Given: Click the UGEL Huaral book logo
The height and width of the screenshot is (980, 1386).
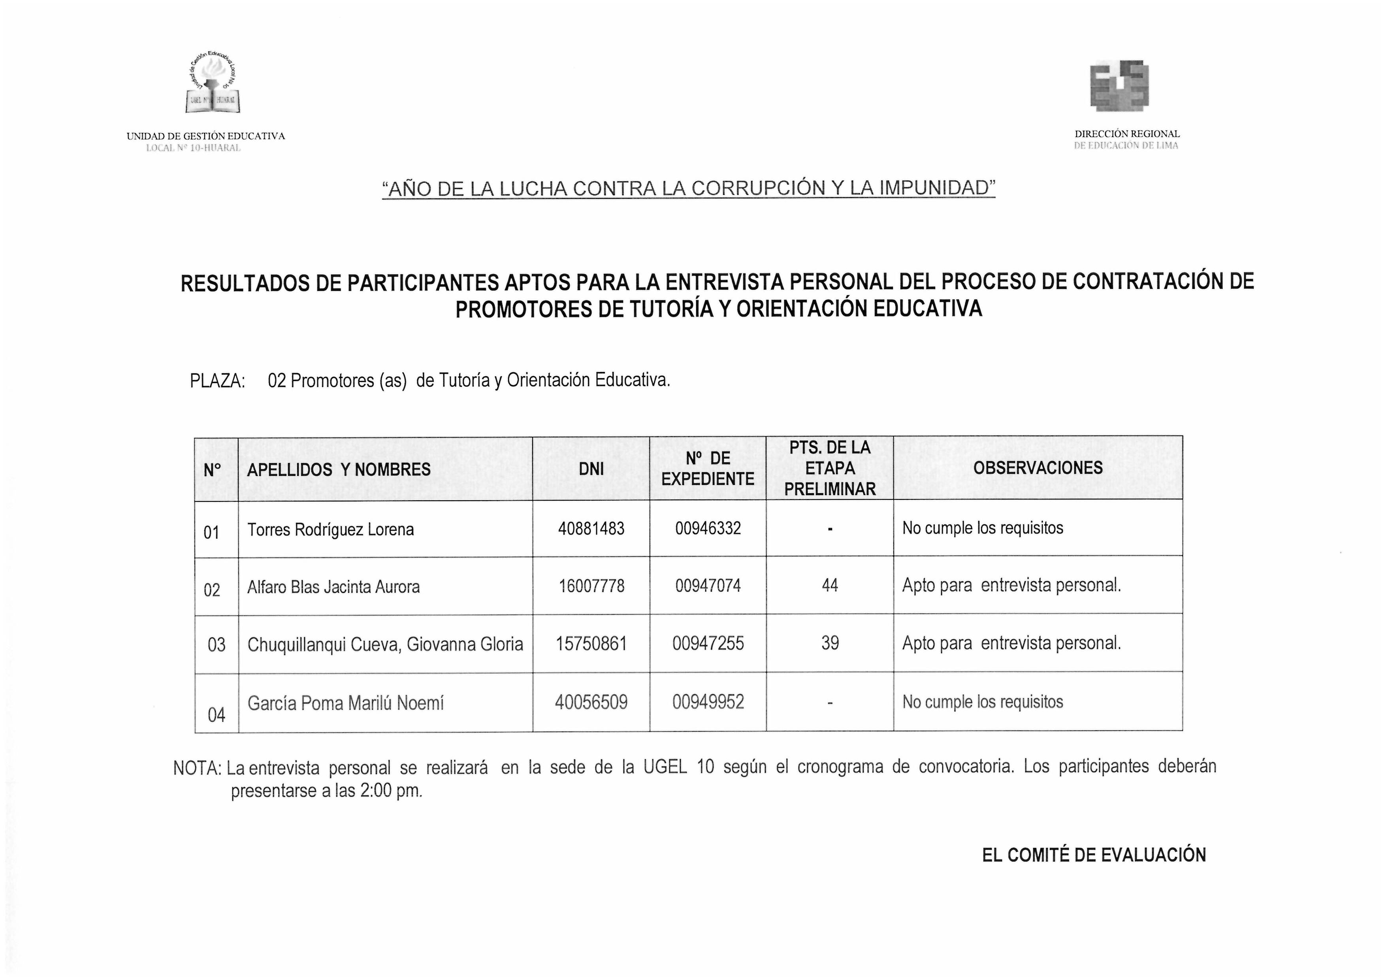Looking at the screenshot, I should pos(213,85).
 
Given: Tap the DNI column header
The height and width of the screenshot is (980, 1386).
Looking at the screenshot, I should pos(591,469).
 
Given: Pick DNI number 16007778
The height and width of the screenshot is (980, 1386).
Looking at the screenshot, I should pos(591,586).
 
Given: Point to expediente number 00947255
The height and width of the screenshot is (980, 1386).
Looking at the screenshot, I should pos(708,643).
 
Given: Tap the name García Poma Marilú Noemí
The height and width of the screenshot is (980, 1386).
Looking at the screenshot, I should pos(345,703).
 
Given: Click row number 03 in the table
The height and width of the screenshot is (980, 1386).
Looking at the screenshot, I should pos(216,645).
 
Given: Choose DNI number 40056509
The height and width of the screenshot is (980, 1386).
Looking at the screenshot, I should pos(591,702).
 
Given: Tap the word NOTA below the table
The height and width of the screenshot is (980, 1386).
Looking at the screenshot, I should pos(196,768).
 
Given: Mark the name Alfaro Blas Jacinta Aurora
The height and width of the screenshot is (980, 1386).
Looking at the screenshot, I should pos(333,587).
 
